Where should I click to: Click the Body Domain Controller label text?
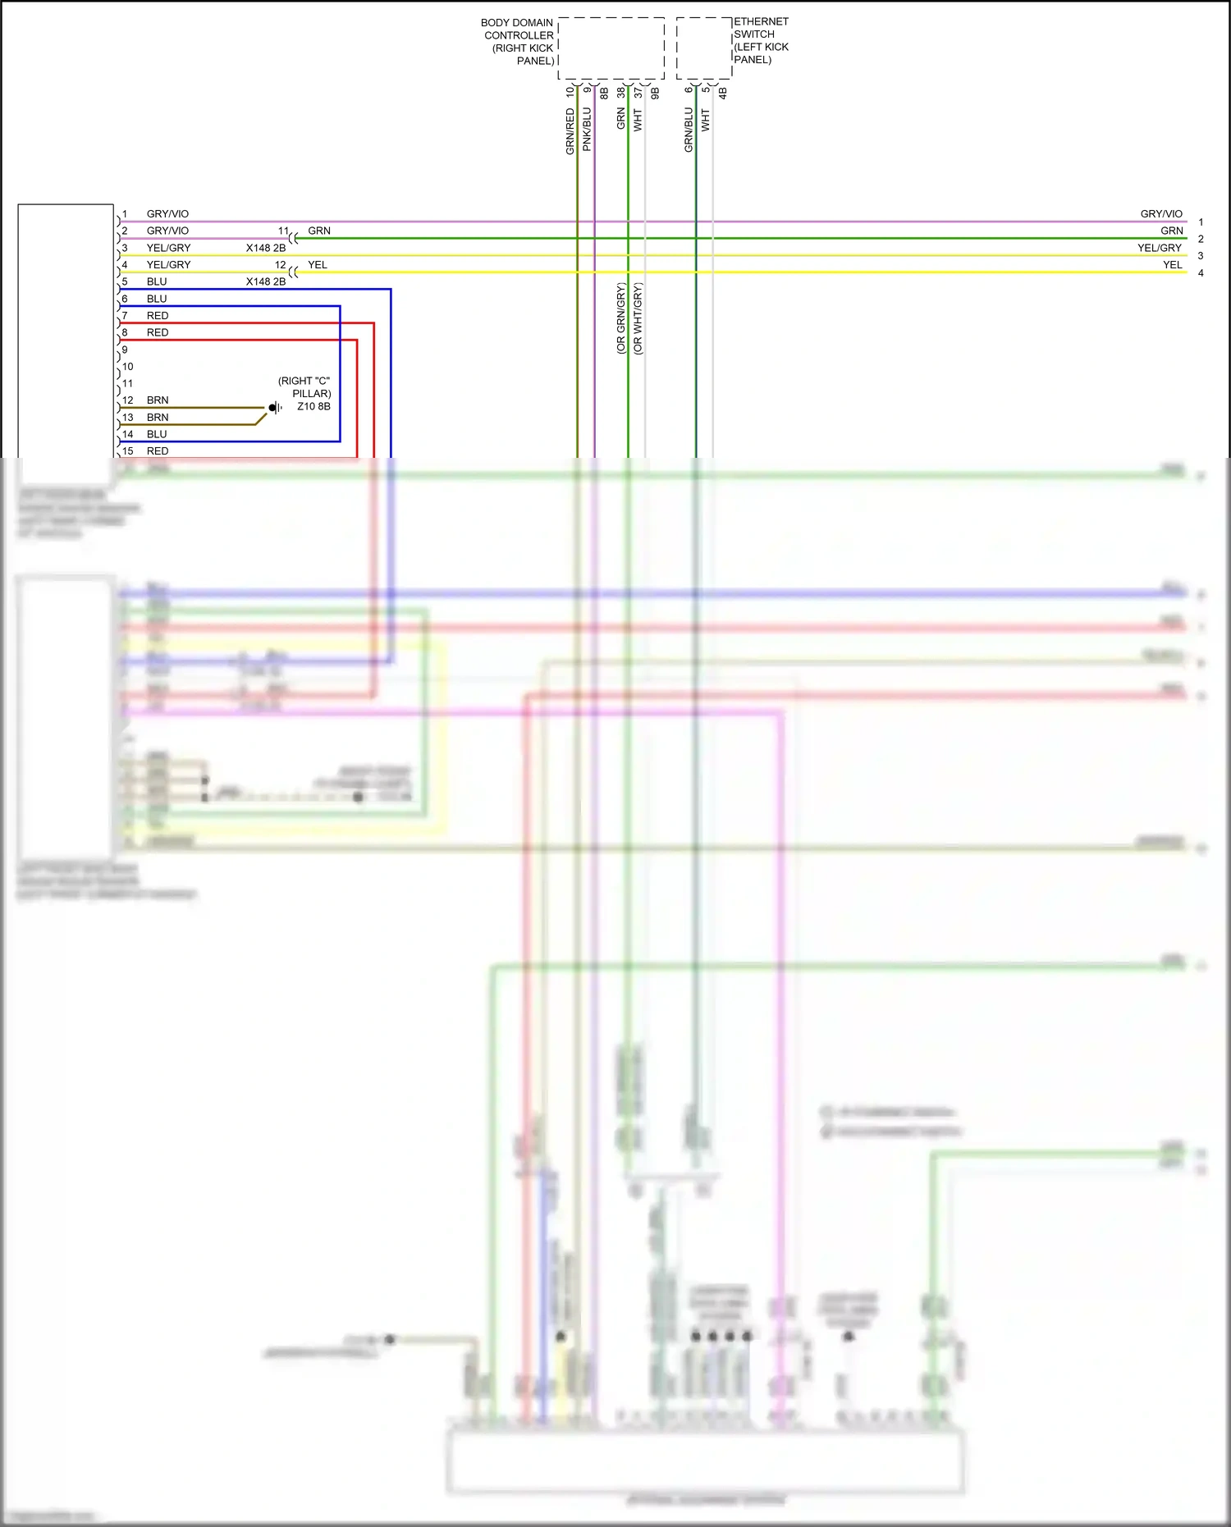point(518,42)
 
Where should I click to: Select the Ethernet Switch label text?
point(760,40)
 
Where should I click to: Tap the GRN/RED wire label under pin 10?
point(570,131)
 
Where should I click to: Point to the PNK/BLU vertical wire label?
point(587,129)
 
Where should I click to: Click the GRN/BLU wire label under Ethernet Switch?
point(689,130)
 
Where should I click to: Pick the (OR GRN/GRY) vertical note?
point(620,318)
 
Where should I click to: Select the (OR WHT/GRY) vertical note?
point(638,318)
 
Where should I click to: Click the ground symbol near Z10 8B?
point(276,408)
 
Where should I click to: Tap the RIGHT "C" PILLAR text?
point(304,387)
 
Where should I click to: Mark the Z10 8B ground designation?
point(313,406)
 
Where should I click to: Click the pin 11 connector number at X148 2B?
point(283,231)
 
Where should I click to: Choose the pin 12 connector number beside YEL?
point(280,265)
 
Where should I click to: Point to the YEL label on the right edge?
point(1172,265)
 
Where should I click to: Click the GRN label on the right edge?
point(1171,231)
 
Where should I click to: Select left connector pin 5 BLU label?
point(156,281)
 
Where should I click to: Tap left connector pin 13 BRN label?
point(157,418)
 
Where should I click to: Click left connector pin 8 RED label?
point(157,332)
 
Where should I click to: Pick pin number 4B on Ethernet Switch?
point(722,94)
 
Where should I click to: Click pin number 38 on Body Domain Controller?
point(621,94)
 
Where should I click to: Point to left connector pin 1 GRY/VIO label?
point(167,214)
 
